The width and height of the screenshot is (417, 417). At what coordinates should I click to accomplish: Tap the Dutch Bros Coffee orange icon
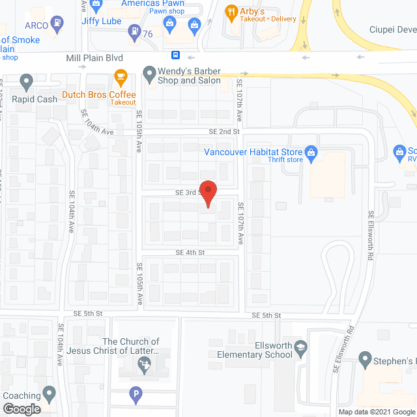click(x=120, y=76)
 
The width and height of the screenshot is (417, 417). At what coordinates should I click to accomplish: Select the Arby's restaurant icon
click(x=229, y=11)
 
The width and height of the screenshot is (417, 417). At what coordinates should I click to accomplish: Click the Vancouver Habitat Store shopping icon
click(x=311, y=153)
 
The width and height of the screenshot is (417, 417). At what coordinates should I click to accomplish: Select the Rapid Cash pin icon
click(x=27, y=82)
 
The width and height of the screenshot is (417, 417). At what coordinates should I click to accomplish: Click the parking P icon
click(x=136, y=394)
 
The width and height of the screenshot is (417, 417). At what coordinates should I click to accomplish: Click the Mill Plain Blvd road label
click(x=94, y=58)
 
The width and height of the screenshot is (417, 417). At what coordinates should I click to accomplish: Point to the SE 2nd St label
click(x=224, y=132)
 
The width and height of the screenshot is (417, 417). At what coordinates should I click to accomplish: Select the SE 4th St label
click(x=190, y=252)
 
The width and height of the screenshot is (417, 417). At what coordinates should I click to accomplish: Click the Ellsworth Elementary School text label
click(x=255, y=350)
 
